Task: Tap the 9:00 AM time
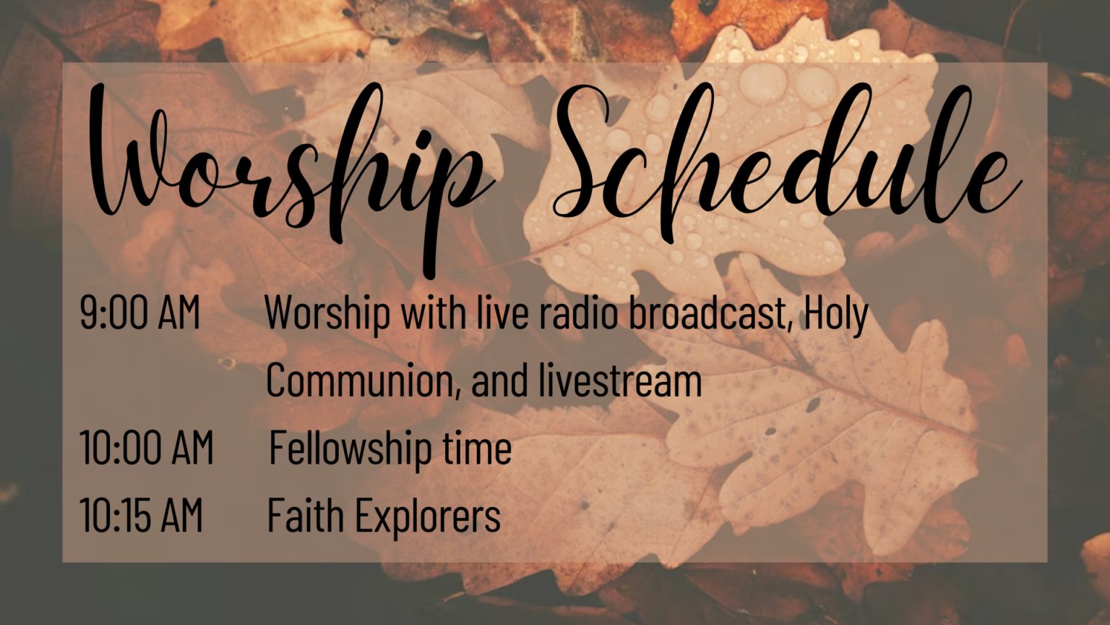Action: pos(139,312)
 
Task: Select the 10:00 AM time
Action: pos(147,447)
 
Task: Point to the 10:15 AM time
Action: pos(141,515)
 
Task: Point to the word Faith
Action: pos(306,515)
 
